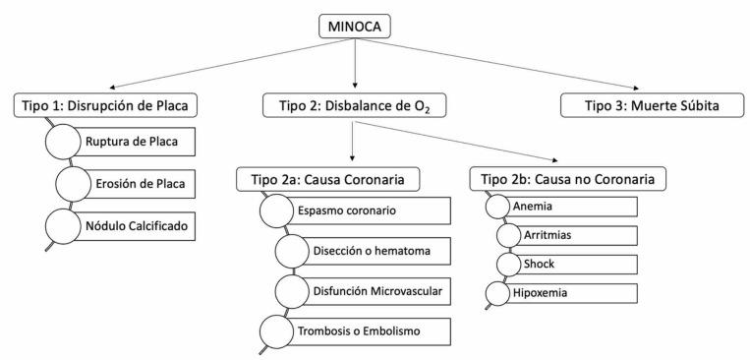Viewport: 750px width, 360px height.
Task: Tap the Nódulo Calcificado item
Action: [145, 225]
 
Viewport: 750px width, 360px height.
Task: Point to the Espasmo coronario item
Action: [365, 211]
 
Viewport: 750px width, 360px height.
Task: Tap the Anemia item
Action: [570, 207]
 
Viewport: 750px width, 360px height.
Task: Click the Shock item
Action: [575, 264]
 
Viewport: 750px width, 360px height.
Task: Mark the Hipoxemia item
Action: [570, 292]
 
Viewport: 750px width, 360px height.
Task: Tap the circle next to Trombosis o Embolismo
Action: [275, 330]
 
